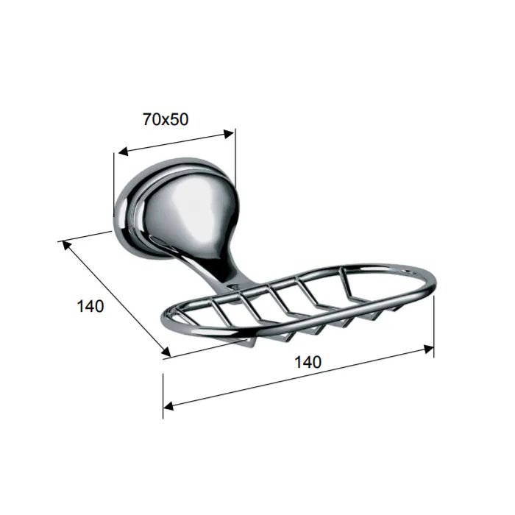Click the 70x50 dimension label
coord(166,119)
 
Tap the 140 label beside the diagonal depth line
coord(90,306)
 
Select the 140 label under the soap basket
coord(308,362)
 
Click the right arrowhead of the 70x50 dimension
coord(229,134)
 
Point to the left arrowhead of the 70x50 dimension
coord(123,151)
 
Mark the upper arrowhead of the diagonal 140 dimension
coord(66,245)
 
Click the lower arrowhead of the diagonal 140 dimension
coord(166,352)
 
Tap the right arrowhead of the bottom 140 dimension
coord(428,349)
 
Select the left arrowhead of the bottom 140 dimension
coord(168,406)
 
